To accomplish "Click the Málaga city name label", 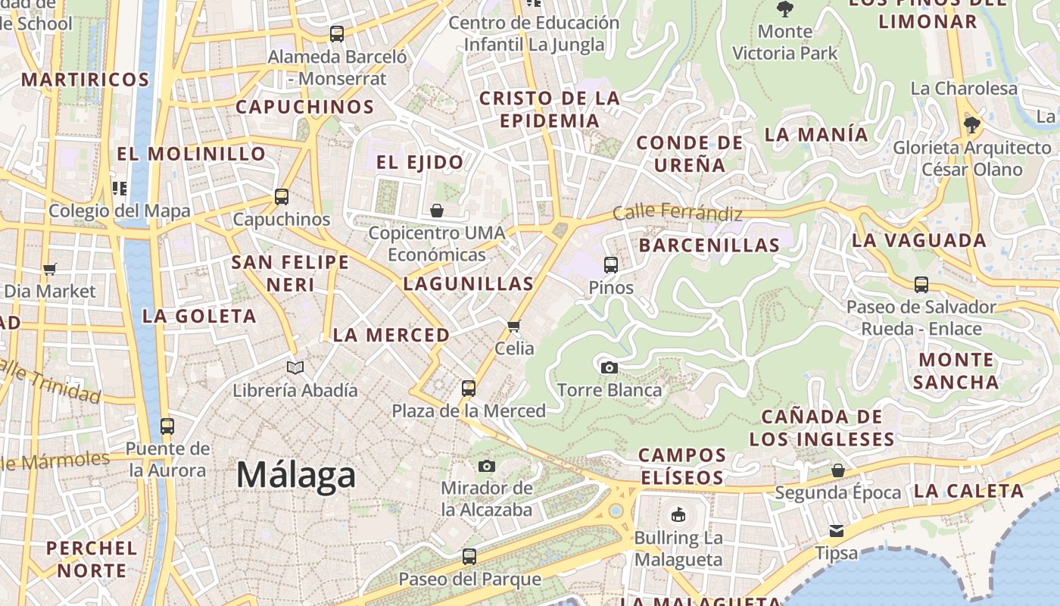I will tap(296, 475).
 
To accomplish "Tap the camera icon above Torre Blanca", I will tap(609, 368).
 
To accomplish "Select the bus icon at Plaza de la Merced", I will tap(469, 389).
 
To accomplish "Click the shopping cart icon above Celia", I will tap(514, 326).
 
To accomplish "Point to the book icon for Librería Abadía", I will tap(295, 368).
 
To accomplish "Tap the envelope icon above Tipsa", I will tap(837, 530).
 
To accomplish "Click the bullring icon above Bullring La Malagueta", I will tap(678, 515).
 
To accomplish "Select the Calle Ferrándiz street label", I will tap(677, 212).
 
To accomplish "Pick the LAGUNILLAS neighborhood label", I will tap(469, 284).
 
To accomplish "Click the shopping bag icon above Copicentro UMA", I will tap(437, 210).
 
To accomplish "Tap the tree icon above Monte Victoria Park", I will tap(785, 9).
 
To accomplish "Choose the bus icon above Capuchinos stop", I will tap(282, 197).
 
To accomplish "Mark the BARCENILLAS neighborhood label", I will tap(709, 245).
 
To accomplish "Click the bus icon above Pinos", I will tap(611, 265).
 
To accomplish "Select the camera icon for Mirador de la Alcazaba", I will tap(487, 466).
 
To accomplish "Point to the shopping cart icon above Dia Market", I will tap(50, 269).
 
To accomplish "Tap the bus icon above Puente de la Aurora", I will tap(167, 426).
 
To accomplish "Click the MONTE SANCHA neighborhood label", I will tap(956, 370).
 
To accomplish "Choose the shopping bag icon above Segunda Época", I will tap(838, 470).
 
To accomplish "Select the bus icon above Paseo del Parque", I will tap(469, 557).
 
